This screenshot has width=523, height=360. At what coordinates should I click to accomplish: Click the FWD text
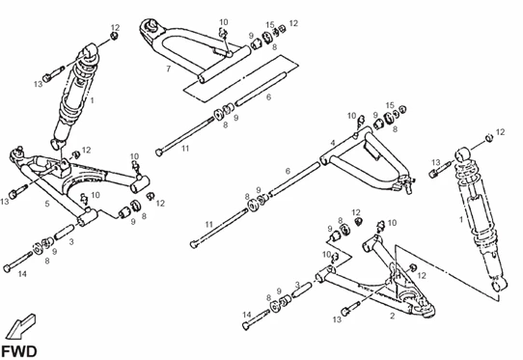(x=20, y=346)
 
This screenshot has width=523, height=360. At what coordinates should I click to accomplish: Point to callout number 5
(x=46, y=205)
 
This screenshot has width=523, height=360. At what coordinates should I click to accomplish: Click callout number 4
(x=332, y=143)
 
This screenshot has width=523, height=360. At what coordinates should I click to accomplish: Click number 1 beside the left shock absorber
(x=93, y=99)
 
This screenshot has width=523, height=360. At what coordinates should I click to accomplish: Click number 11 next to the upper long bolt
(x=185, y=150)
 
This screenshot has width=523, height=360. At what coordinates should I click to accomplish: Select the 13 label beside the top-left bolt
(x=38, y=85)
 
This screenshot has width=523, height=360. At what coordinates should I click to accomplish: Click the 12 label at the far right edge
(x=500, y=131)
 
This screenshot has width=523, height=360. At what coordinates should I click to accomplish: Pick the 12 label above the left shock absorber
(x=116, y=27)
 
